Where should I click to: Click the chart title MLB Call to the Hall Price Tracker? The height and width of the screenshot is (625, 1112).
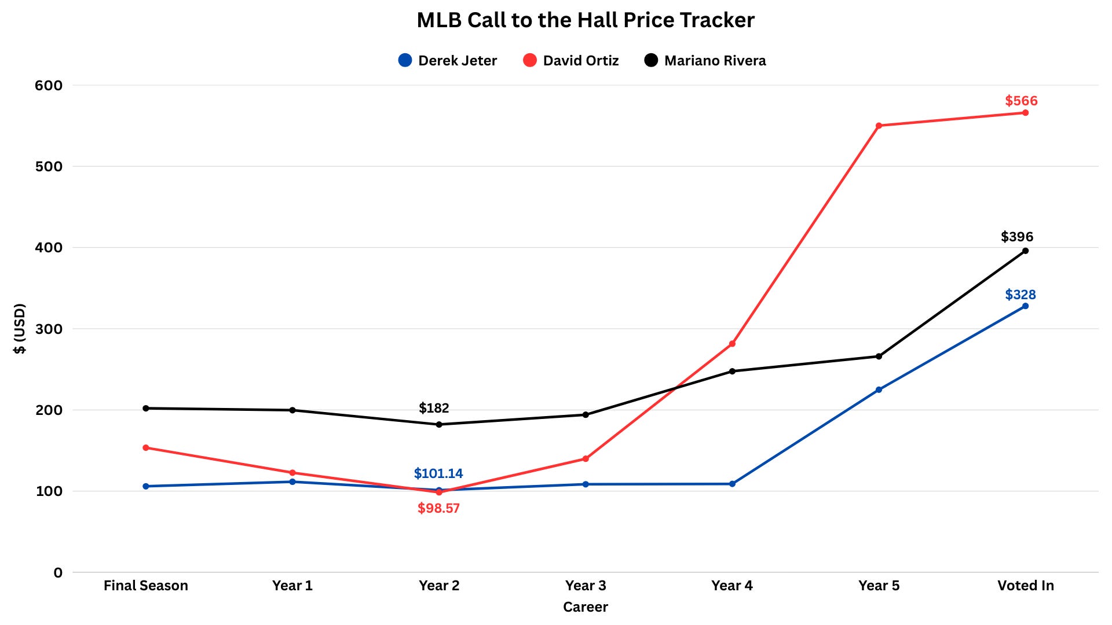586,20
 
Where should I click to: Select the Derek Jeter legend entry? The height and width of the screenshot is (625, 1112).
448,60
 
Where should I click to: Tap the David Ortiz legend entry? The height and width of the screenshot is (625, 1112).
570,60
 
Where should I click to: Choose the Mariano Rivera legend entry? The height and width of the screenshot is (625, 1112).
705,60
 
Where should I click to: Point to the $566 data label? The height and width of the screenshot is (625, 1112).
1021,101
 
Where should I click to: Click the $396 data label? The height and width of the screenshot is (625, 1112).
1017,237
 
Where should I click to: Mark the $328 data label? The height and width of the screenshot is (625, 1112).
1020,295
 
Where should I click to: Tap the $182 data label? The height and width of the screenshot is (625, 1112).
434,408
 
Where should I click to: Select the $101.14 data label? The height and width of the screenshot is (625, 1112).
438,473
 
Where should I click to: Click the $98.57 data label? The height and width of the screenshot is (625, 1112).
438,508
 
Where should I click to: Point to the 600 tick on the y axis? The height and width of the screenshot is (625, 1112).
49,85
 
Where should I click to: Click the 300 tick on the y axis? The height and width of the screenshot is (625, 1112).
49,329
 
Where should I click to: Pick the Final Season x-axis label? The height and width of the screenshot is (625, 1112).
146,586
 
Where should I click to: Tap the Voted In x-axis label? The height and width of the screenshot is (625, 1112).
1026,586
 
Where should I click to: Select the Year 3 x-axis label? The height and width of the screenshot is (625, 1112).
586,586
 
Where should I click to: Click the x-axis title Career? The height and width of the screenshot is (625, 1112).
586,607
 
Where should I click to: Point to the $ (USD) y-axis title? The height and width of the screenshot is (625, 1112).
20,329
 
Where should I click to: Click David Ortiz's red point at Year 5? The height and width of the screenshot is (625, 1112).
879,126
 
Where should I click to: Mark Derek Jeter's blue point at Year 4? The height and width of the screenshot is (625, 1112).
732,484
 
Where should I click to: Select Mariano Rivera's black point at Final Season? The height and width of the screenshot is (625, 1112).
146,409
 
